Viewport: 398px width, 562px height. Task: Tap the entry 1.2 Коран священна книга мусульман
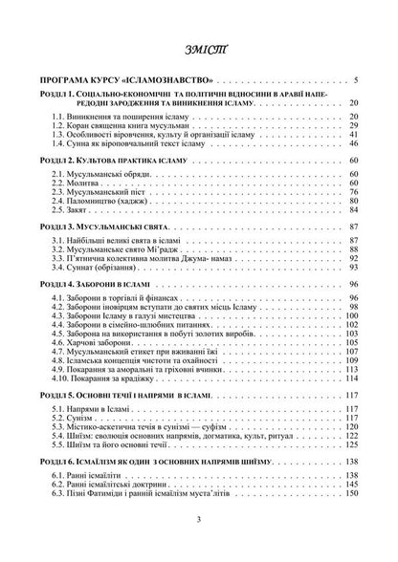(113, 125)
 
